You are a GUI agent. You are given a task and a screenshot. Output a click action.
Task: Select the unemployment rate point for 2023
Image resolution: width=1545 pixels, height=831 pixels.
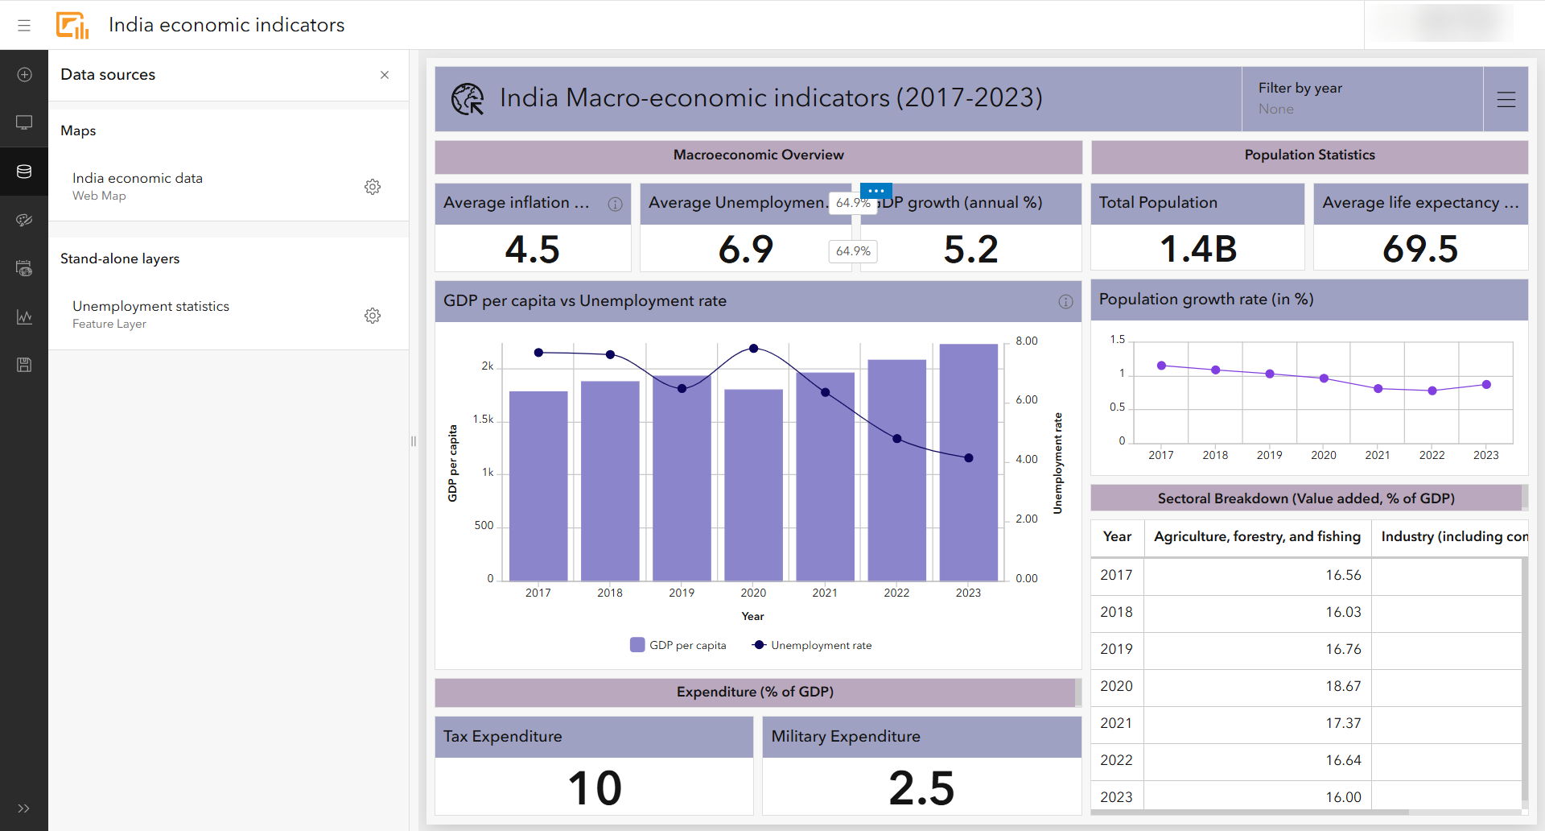[x=969, y=457]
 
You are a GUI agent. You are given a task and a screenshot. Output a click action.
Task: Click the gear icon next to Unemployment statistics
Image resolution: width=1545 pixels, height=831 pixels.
[x=372, y=315]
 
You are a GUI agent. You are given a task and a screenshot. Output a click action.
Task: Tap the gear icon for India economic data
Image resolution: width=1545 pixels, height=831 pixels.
[x=372, y=187]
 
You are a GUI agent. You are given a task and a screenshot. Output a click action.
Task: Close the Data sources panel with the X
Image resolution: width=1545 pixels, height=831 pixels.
[x=385, y=75]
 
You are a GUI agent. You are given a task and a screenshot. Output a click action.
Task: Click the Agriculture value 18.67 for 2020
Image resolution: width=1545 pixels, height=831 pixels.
[x=1343, y=686]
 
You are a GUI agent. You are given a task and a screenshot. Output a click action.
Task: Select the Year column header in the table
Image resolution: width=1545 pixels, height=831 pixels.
[x=1117, y=536]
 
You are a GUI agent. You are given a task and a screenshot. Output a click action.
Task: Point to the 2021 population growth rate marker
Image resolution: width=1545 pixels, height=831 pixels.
[x=1378, y=388]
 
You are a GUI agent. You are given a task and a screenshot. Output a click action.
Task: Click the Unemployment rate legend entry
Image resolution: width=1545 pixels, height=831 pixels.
[x=813, y=645]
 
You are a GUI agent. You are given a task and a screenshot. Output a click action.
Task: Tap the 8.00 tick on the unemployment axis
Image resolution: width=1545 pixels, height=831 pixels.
[x=1026, y=341]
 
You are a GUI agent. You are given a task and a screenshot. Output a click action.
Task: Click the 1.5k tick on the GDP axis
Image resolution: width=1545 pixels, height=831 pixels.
[x=483, y=420]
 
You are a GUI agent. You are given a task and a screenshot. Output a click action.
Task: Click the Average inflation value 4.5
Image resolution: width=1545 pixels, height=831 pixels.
[x=532, y=249]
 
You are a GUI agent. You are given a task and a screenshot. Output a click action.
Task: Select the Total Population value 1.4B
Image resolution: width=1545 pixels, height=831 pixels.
[x=1197, y=249]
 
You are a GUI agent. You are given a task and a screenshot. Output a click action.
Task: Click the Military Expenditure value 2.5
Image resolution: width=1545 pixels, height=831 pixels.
[x=921, y=788]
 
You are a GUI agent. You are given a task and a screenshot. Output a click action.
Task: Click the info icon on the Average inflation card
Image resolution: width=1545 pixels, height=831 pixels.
[x=615, y=204]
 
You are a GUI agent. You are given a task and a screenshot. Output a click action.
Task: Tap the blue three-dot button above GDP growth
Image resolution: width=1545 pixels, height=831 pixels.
[x=876, y=191]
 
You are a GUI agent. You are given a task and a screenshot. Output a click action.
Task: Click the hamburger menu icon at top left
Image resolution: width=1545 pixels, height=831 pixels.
[x=24, y=25]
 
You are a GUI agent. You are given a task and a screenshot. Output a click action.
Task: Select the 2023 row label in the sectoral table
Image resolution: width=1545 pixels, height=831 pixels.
[x=1116, y=797]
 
